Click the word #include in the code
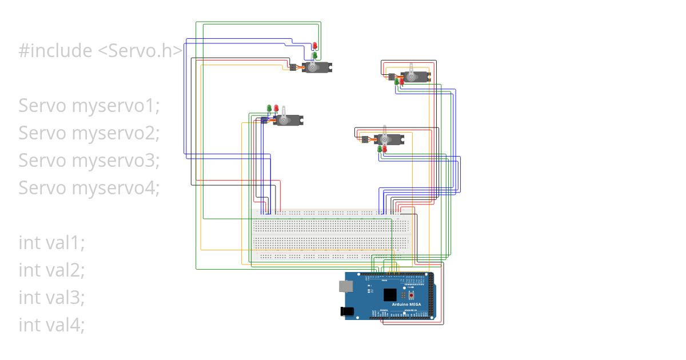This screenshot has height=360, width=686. click(x=55, y=51)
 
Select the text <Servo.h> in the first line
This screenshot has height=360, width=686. click(x=141, y=51)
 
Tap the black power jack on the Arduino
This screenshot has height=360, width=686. click(x=346, y=311)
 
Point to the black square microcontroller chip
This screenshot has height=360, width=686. click(x=390, y=295)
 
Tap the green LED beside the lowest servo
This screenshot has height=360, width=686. click(x=379, y=149)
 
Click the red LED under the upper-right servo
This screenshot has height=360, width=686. click(x=401, y=82)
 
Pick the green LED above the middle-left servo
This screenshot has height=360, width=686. click(x=269, y=108)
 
